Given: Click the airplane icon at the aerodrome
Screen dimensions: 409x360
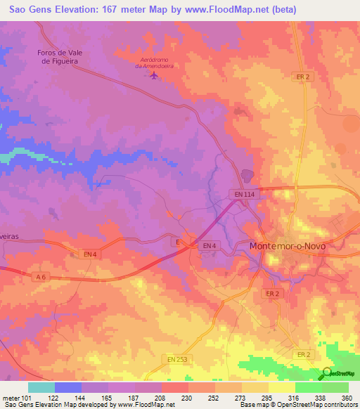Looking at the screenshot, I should pyautogui.click(x=155, y=75).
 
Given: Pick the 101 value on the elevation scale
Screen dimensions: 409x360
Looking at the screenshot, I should pyautogui.click(x=26, y=397).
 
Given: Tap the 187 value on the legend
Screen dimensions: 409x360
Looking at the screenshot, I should pyautogui.click(x=132, y=397).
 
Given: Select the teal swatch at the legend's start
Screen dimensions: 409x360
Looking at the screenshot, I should pyautogui.click(x=41, y=387).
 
